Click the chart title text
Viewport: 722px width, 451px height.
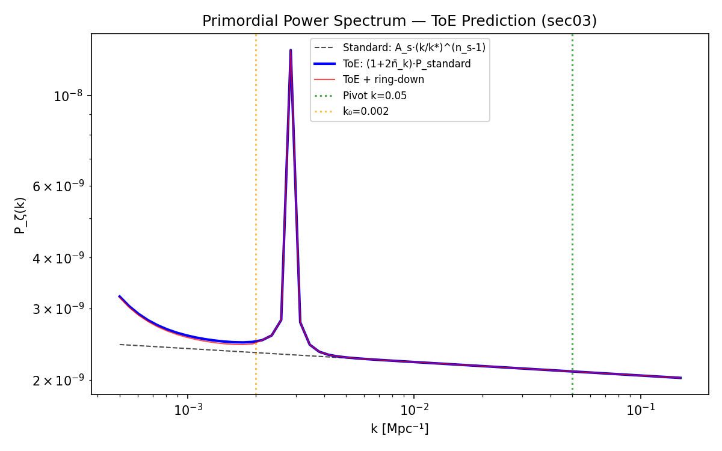point(400,21)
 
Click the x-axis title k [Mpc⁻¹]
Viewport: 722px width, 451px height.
point(400,429)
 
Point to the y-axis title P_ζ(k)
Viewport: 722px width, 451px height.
point(20,215)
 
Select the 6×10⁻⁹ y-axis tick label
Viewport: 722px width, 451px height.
point(58,186)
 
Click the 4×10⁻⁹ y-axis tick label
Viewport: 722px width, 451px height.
point(58,258)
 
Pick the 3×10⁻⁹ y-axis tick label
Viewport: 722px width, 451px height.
point(58,309)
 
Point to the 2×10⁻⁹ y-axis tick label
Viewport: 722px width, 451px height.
point(58,381)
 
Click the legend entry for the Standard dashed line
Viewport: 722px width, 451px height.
point(414,48)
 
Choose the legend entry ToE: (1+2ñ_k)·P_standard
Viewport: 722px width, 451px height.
point(407,64)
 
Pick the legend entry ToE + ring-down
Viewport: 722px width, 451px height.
point(383,79)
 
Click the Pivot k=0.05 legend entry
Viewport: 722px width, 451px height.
point(375,96)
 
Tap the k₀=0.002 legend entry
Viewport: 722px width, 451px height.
point(366,111)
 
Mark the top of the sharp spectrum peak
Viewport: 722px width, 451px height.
point(291,51)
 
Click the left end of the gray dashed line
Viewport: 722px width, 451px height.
point(120,345)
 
